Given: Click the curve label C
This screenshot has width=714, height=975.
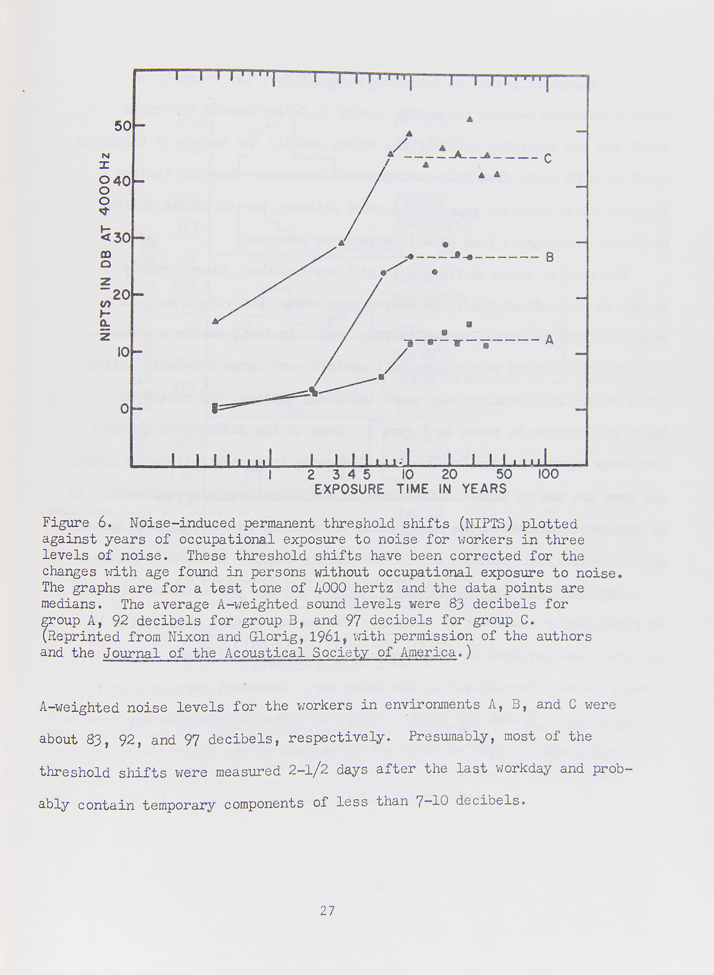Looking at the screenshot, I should [548, 159].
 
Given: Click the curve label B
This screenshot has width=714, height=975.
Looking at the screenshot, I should [550, 257].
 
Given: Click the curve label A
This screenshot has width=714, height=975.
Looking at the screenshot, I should [550, 340].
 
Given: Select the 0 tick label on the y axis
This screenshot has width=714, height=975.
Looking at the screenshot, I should [125, 409].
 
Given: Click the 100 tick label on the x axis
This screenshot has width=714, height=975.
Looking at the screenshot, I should [548, 474].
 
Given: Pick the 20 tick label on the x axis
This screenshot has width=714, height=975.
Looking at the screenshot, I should [449, 474].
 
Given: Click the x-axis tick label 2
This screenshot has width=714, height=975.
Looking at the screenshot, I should [311, 474].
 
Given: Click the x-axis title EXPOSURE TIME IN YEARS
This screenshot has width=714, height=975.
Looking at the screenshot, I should [410, 489].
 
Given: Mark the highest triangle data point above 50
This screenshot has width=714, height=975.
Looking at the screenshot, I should [470, 119].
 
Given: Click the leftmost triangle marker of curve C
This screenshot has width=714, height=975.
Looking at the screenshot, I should [216, 321].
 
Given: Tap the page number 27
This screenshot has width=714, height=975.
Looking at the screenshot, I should [327, 910].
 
